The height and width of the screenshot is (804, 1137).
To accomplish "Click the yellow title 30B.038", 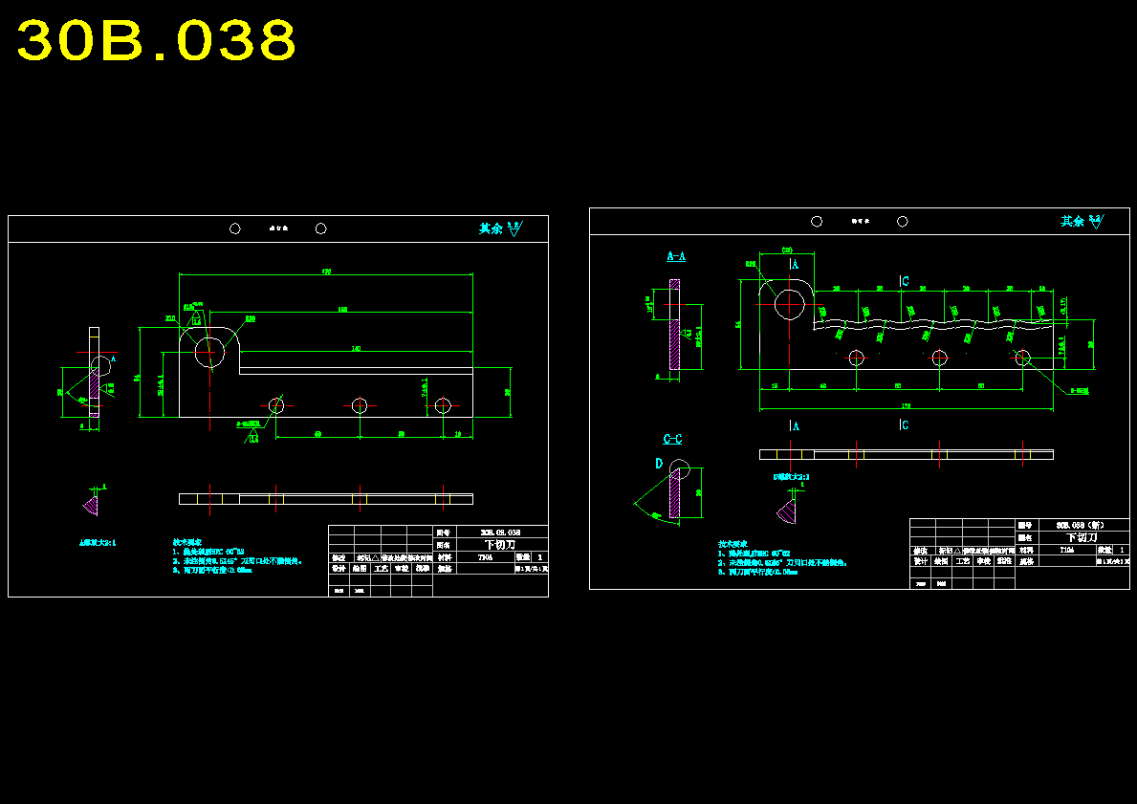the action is coord(156,41).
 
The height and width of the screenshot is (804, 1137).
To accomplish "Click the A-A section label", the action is coord(675,256).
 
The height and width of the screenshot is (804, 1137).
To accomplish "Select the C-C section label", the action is coord(672,439).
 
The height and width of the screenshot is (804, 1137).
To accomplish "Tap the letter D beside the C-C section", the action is coord(659,463).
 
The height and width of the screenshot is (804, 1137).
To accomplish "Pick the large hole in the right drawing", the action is coord(790,303).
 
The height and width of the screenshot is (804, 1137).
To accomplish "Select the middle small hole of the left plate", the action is coord(359,405).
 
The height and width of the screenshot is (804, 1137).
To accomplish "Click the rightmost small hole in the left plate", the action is coord(442,405).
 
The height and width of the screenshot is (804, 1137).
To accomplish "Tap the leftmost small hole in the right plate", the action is coord(856,358).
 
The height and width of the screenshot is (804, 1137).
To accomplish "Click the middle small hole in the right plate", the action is coord(939,358).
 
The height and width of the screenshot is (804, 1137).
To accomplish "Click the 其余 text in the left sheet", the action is coord(491,228).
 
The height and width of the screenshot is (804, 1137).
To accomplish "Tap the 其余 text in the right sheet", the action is coord(1072,221).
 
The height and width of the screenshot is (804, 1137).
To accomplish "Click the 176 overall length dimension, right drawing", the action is coord(906,405).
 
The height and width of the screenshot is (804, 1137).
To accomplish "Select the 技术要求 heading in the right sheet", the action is coord(732,544).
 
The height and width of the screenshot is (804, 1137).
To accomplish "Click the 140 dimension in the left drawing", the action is coord(356,348).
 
